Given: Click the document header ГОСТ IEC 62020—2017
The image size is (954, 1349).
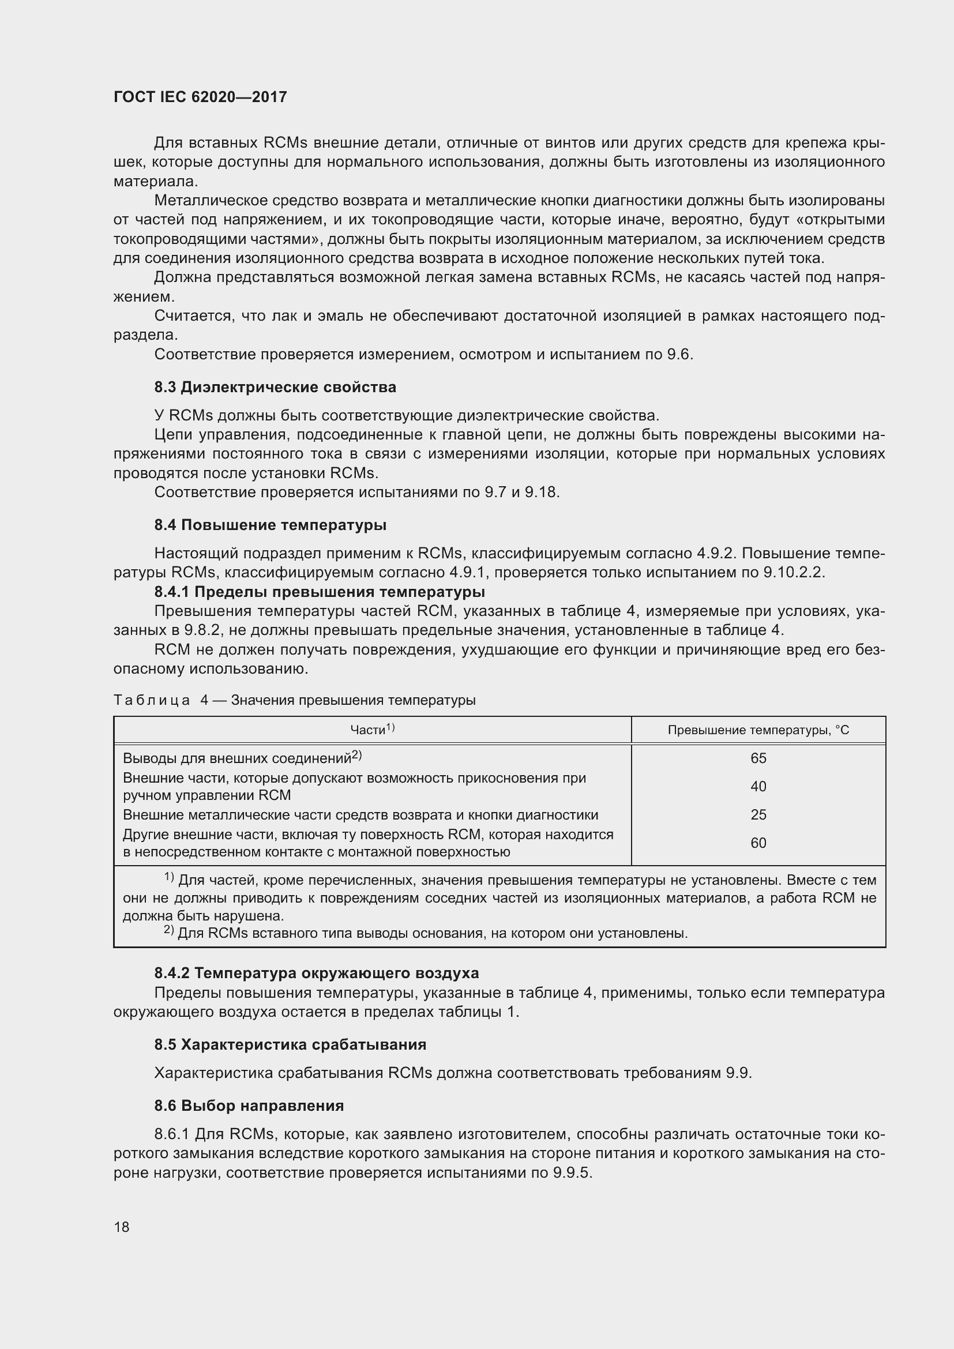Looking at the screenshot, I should pos(200,97).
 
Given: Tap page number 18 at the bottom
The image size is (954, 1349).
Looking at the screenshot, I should pos(122,1226).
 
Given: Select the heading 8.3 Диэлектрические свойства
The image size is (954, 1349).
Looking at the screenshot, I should pos(275,387).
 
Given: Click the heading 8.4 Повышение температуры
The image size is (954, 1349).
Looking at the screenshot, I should pos(270,525).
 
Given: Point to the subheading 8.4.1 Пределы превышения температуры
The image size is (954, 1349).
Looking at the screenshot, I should pos(320,591).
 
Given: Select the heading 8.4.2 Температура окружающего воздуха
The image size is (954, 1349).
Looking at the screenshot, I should pos(317,973).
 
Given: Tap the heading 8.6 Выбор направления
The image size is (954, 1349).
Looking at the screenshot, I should pos(249,1105).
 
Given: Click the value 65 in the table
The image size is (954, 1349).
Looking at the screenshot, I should pos(758,758).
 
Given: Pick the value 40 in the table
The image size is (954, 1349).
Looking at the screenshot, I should pos(758,786).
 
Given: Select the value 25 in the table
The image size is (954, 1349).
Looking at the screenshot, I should pos(758,814).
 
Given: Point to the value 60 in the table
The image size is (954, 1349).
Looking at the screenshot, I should pos(758,843).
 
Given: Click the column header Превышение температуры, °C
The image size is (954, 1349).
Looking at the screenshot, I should pos(758,730).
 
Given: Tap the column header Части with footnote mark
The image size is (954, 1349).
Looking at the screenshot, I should pos(372,729).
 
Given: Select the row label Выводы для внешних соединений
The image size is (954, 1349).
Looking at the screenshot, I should pos(236,758).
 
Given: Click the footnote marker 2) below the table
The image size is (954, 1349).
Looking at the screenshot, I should pos(168,931).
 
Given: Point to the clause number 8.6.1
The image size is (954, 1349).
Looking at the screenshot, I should pos(171,1134).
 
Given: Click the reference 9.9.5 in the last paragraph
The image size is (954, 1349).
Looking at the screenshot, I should pos(572,1173).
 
